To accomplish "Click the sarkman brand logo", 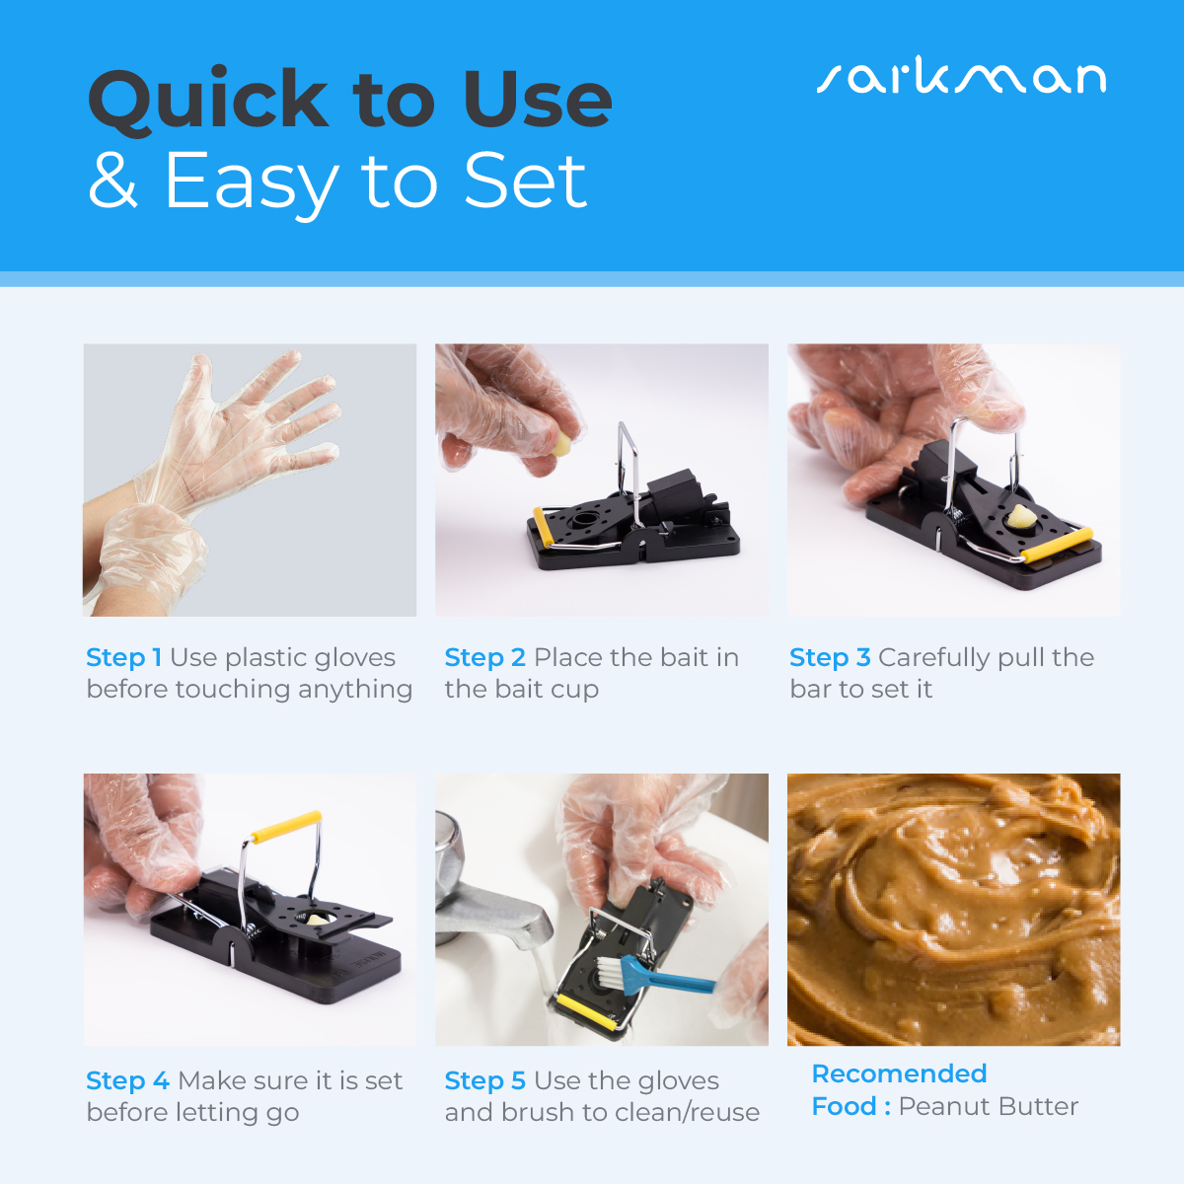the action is [961, 76].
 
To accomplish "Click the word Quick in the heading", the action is [208, 101].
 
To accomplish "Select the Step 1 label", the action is [123, 658].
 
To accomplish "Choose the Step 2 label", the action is [484, 658].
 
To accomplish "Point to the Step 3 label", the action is [830, 658].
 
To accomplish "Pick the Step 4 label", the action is [128, 1081].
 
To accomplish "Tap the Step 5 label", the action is [484, 1081].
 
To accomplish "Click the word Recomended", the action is [899, 1074].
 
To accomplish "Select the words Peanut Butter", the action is [988, 1107].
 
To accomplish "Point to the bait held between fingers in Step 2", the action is [561, 444].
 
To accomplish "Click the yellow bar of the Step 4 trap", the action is [286, 827].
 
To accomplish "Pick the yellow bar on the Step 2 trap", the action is [543, 527].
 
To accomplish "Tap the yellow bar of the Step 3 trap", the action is [1058, 545].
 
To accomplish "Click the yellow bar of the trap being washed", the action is [586, 1014].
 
